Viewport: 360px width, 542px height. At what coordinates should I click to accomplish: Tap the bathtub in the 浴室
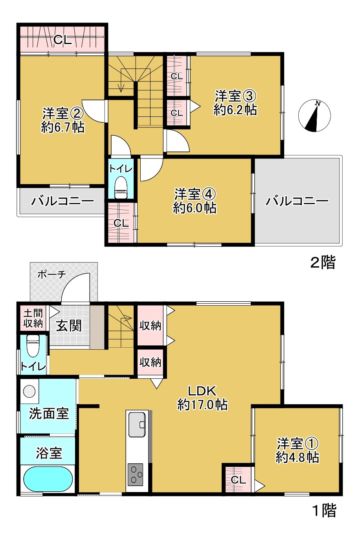(x=48, y=479)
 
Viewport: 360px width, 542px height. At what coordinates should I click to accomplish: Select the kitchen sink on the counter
(x=137, y=424)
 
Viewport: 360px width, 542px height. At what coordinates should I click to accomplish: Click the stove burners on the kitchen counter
(x=136, y=474)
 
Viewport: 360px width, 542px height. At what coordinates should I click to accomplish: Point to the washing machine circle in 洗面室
(x=29, y=391)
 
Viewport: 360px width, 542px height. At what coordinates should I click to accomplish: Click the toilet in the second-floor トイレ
(x=121, y=188)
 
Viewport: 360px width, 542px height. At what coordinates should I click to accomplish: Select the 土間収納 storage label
(x=33, y=319)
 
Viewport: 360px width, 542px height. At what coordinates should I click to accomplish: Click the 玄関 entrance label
(x=69, y=326)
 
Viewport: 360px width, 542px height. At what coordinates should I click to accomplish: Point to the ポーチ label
(x=51, y=274)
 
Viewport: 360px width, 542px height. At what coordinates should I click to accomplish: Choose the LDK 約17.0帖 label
(x=202, y=398)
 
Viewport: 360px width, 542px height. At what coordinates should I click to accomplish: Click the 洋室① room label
(x=298, y=450)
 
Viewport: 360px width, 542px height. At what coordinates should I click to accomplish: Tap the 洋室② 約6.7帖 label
(x=63, y=120)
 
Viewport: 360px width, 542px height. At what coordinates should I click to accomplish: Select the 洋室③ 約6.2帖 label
(x=235, y=103)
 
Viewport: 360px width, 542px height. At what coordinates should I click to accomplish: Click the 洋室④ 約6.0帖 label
(x=195, y=201)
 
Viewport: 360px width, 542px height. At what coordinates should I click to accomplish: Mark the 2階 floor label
(x=323, y=262)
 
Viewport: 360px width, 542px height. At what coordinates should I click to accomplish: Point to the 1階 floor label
(x=324, y=511)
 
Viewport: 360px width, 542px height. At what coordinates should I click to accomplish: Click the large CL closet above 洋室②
(x=62, y=39)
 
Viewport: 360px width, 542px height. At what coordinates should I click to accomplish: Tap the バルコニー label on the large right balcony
(x=297, y=201)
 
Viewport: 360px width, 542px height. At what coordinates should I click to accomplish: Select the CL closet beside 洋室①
(x=238, y=479)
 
